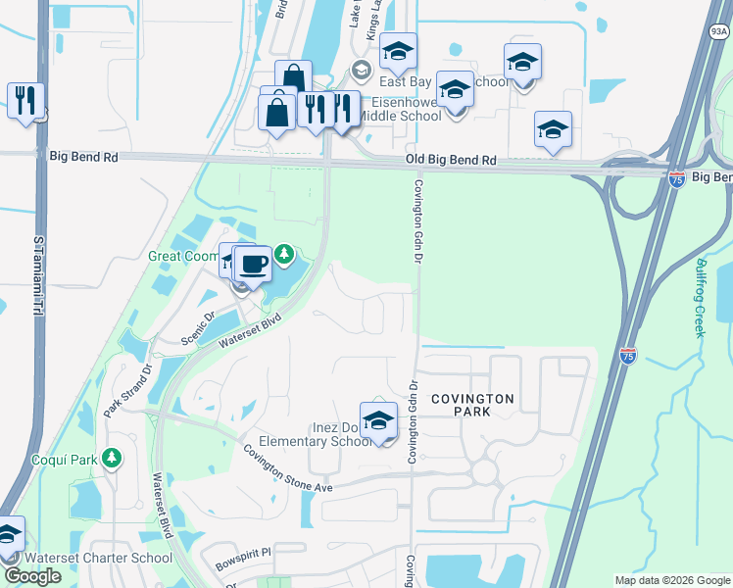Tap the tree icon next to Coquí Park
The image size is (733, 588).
click(x=113, y=458)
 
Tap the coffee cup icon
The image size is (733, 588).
click(x=254, y=264)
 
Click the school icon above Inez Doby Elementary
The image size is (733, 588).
click(x=378, y=420)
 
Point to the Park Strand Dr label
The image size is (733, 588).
click(x=125, y=391)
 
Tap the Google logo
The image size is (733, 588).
click(x=32, y=576)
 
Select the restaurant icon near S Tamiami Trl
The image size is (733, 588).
click(x=24, y=100)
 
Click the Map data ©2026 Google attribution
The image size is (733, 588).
click(x=671, y=580)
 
